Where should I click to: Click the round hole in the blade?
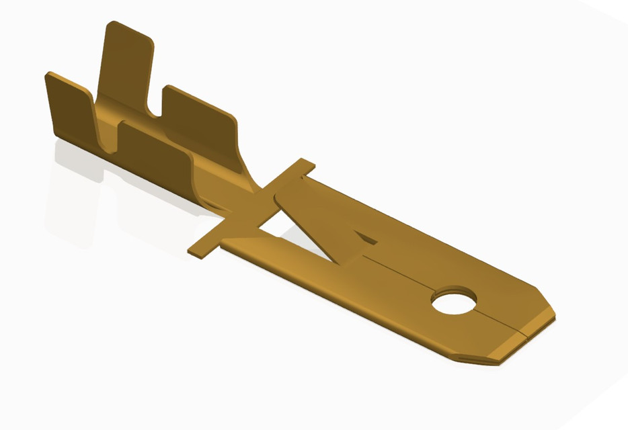455,302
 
